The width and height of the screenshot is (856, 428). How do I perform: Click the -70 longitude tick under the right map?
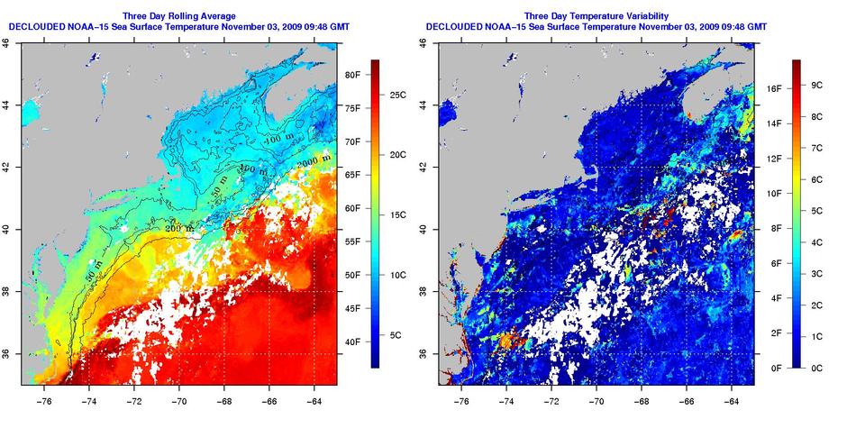tap(596, 396)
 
